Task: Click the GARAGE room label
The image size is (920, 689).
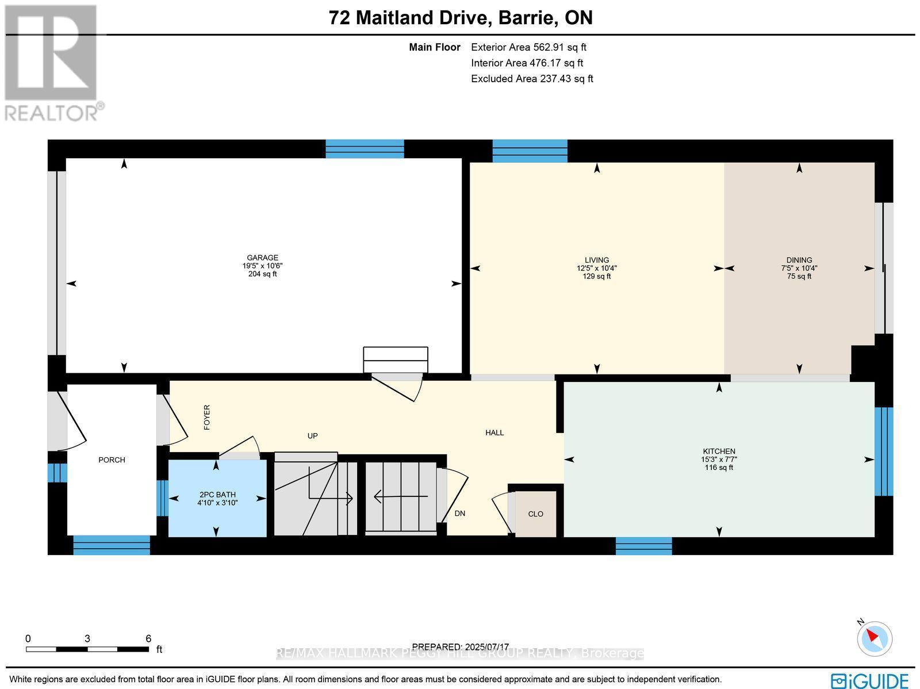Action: [x=262, y=258]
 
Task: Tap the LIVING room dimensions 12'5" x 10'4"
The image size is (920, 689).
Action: [x=597, y=268]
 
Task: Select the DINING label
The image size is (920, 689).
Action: [x=799, y=260]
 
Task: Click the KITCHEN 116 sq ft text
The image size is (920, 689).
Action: [x=719, y=468]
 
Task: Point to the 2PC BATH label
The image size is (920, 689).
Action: [x=217, y=495]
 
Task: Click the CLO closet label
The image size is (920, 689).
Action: [x=535, y=514]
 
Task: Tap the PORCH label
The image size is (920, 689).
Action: [x=112, y=460]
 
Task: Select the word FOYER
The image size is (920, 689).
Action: [x=207, y=417]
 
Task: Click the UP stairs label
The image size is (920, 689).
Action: [x=312, y=436]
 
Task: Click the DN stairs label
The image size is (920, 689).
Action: [x=459, y=514]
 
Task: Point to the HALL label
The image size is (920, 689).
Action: [x=494, y=432]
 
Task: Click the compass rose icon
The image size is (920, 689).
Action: [x=875, y=639]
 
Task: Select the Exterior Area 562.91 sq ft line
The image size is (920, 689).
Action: [x=528, y=48]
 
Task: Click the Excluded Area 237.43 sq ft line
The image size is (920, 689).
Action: [x=531, y=79]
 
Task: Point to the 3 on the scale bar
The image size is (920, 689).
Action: [x=87, y=638]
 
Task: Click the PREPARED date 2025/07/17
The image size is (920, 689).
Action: [x=461, y=646]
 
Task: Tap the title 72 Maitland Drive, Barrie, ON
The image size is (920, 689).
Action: [x=460, y=18]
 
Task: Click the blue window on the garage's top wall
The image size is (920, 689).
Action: [x=365, y=149]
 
